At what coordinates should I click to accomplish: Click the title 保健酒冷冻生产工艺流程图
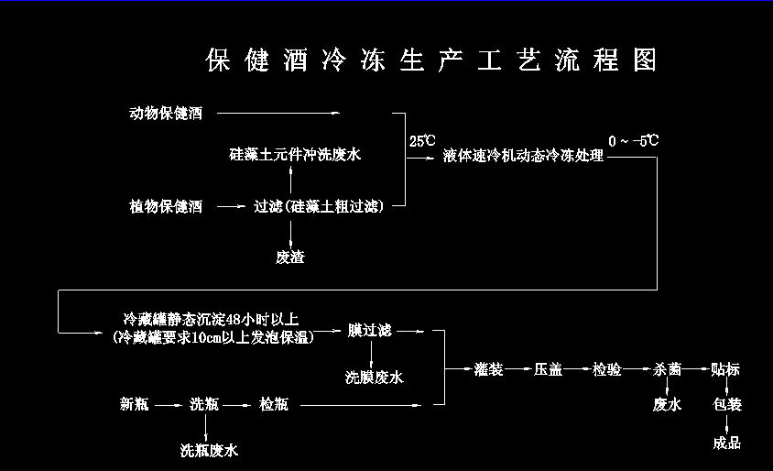(431, 60)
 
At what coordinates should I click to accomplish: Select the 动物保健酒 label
(166, 114)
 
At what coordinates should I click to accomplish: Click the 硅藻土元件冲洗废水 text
(295, 155)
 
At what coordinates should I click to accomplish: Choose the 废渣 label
(290, 257)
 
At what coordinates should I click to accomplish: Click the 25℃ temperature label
(422, 141)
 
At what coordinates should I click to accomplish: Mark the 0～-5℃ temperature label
(633, 141)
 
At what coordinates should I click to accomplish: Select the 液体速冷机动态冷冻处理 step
(523, 157)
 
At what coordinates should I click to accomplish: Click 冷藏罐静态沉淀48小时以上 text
(212, 320)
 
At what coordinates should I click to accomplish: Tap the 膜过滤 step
(369, 330)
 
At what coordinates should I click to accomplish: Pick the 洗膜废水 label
(374, 377)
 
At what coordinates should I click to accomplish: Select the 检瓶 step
(273, 403)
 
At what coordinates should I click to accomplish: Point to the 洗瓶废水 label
(209, 450)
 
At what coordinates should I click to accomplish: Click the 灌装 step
(489, 369)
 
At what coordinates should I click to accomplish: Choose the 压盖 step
(548, 369)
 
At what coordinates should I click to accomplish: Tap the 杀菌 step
(667, 369)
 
